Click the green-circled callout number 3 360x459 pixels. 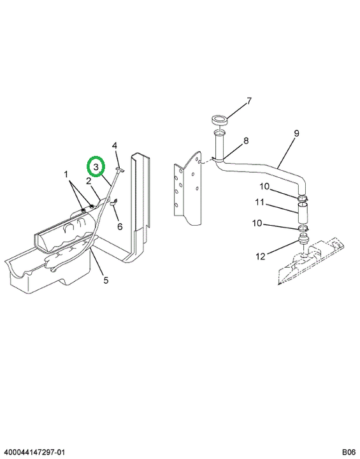[96, 167]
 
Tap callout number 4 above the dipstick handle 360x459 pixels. [115, 145]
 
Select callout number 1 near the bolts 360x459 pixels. [66, 175]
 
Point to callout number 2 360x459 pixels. [89, 182]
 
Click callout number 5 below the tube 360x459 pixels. [106, 280]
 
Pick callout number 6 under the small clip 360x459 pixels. [120, 226]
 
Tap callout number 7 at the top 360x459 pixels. [248, 101]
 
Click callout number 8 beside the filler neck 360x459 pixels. [246, 141]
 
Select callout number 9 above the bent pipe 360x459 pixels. [296, 133]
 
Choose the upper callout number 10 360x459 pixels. [264, 186]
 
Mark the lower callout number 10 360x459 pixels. [257, 223]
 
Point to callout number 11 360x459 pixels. [259, 202]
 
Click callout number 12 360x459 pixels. [261, 257]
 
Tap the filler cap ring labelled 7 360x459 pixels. [220, 120]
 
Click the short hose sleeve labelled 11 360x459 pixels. [303, 214]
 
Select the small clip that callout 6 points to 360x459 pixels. [113, 202]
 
